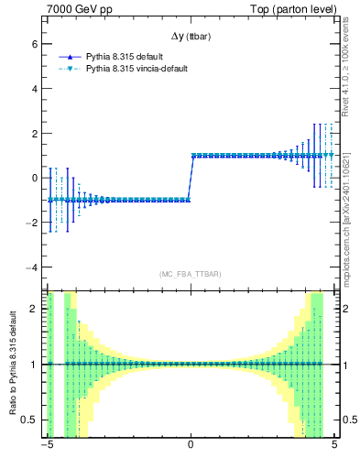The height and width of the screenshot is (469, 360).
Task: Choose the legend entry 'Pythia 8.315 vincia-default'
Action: [x=143, y=69]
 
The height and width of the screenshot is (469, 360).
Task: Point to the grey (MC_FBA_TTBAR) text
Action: [x=191, y=274]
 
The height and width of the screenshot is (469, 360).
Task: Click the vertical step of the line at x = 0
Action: [x=190, y=178]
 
